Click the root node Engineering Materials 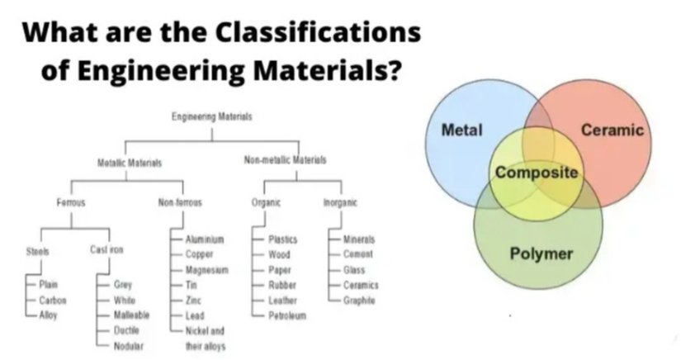click(212, 118)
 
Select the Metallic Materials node click(129, 163)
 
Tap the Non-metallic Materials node click(286, 159)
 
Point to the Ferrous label click(71, 201)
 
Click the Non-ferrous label click(179, 201)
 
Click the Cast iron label click(106, 250)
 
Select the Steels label click(37, 251)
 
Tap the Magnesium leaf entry click(206, 270)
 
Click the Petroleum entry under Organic click(287, 315)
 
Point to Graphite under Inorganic click(359, 301)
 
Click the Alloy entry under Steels click(49, 315)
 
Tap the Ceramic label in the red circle click(612, 130)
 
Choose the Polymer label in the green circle click(541, 253)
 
